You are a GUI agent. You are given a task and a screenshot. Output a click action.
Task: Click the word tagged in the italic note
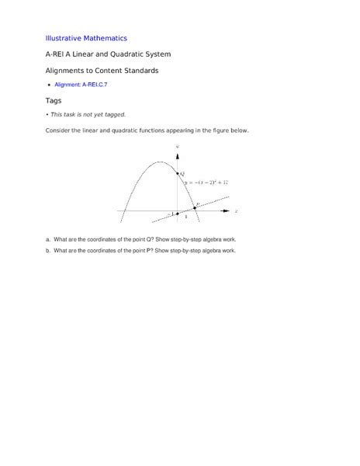(114, 115)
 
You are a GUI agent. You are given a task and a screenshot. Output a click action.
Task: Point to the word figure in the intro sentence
(215, 130)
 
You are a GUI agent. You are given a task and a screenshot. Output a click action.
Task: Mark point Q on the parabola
(178, 173)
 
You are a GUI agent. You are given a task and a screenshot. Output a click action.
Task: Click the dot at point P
(195, 208)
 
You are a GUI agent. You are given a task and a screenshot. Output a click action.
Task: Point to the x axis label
(236, 210)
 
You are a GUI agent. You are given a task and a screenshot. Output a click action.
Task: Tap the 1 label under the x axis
(186, 217)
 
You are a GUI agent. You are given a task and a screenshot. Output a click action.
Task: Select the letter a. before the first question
(48, 239)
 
